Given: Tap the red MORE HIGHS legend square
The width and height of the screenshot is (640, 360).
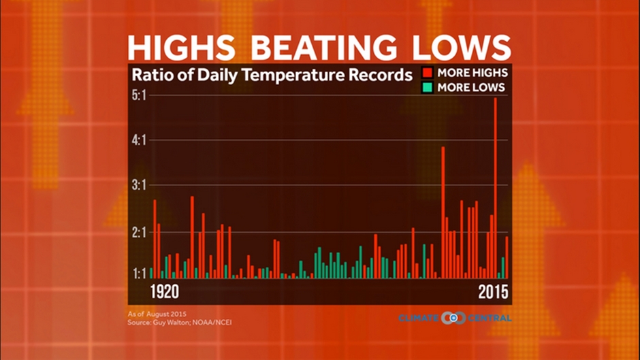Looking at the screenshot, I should coord(428,73).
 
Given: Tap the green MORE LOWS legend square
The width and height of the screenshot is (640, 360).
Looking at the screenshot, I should coord(428,87).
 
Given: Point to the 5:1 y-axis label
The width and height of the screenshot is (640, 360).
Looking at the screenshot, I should coord(139,96).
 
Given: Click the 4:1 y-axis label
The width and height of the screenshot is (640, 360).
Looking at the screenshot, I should coord(139,141).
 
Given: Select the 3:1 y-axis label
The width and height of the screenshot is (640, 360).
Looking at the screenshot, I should coord(139,186).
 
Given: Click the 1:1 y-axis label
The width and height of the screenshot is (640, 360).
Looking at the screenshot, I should coord(139,272).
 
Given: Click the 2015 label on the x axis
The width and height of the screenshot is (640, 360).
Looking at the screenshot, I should coord(493,292).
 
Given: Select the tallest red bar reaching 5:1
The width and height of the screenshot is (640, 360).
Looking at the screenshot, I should coord(496,187).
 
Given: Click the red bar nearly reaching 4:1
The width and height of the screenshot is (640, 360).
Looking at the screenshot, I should coord(443,212).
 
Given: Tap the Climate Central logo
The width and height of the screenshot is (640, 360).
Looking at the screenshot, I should coord(455,318).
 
